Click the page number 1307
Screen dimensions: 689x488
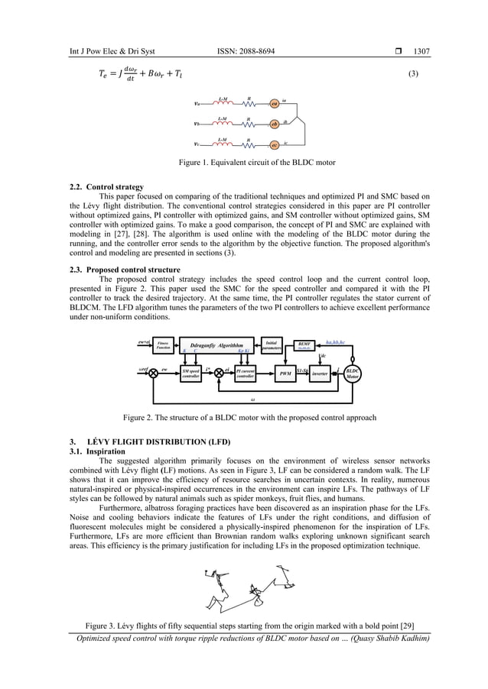coord(421,51)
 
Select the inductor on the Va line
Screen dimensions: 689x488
coord(221,104)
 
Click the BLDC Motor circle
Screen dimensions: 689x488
coord(353,374)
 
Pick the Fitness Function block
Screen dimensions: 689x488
coord(162,346)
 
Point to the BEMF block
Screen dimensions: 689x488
coord(304,346)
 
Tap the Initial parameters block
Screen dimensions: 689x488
coord(272,346)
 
